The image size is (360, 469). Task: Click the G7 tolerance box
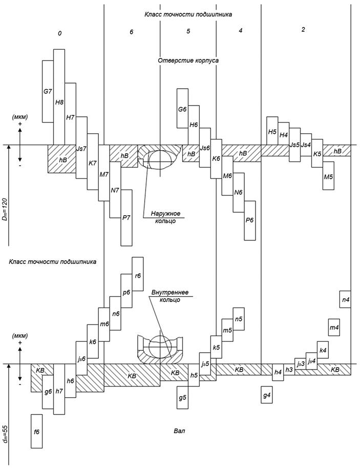48,91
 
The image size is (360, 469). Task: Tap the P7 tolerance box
126,217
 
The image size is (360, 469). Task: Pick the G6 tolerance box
182,109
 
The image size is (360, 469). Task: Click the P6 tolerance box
249,220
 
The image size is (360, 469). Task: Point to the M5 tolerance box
328,176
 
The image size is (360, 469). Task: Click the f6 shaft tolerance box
36,431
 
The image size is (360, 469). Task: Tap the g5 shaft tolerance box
182,397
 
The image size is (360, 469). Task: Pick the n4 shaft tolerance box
345,299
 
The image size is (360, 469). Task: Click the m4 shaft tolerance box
334,327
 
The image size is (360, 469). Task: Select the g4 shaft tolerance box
267,395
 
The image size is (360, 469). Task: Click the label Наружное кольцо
165,217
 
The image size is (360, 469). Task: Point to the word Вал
179,431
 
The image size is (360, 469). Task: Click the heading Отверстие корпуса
188,60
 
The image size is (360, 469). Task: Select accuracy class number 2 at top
303,30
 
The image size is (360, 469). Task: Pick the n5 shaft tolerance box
239,319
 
